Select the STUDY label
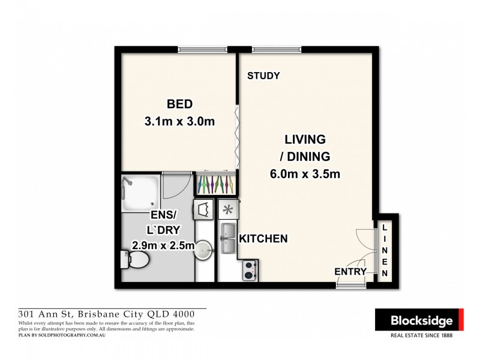[263, 76]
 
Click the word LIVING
[304, 139]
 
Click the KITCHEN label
[263, 239]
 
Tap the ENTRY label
[350, 271]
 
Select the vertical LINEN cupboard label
[385, 249]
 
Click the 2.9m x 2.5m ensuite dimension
[163, 245]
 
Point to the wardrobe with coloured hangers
[215, 182]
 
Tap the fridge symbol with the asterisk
[228, 210]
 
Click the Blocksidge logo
[419, 321]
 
